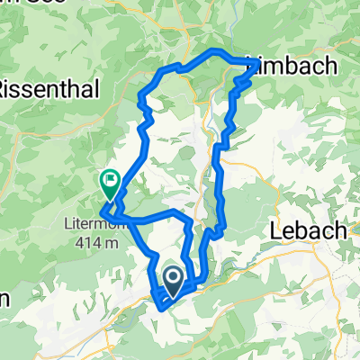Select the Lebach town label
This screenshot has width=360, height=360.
(x=308, y=231)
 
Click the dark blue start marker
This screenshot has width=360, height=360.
(x=172, y=278)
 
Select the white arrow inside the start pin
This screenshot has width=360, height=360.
(x=172, y=276)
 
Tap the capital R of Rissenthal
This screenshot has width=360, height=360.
(x=5, y=88)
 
